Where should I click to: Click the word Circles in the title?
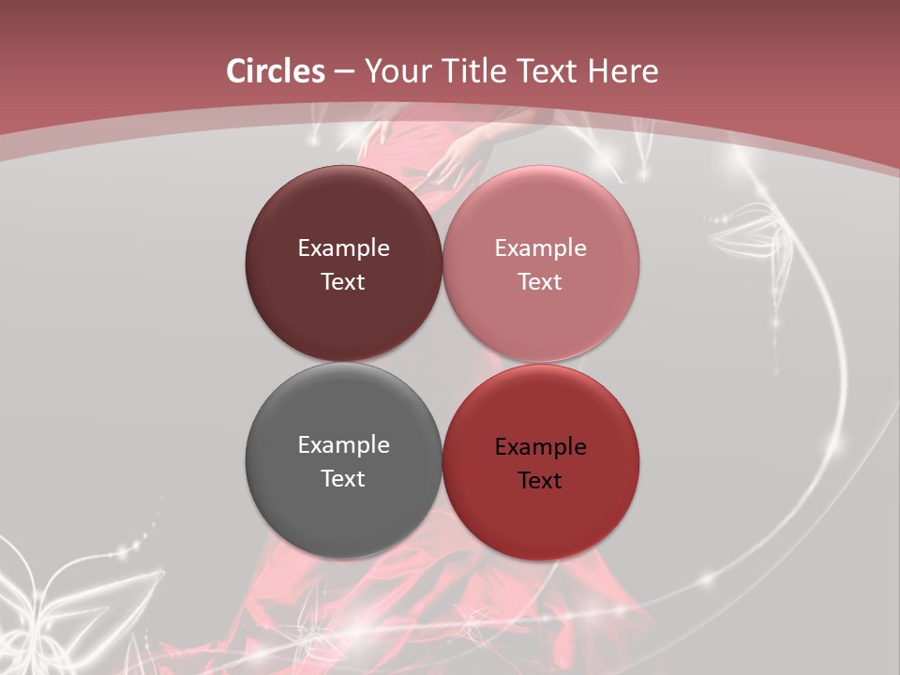click(276, 71)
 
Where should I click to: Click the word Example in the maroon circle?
click(343, 247)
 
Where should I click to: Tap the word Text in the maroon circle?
click(343, 281)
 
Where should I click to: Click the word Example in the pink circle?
click(540, 247)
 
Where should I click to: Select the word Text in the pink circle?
click(540, 281)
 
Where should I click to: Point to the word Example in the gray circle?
click(343, 444)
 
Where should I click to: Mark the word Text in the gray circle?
click(343, 478)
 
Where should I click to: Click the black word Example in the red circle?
click(540, 446)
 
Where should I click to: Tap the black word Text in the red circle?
click(540, 480)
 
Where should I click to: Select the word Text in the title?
click(547, 71)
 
